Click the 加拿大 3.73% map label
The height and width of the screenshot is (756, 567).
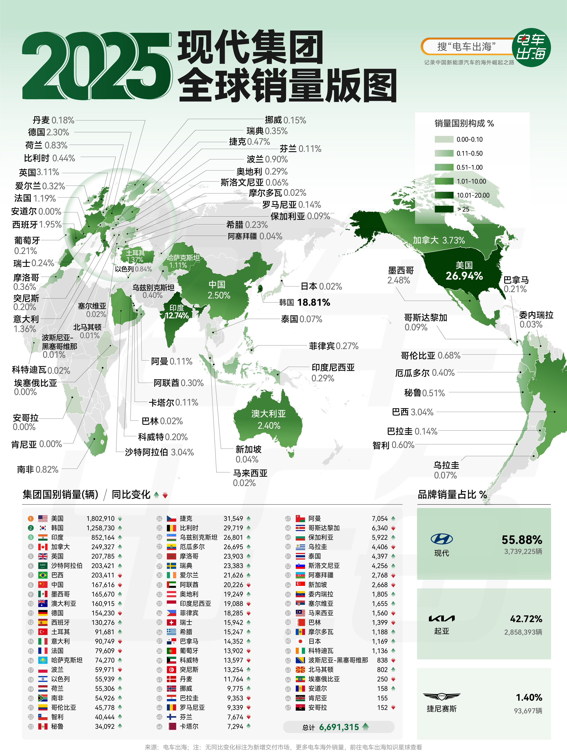click(439, 240)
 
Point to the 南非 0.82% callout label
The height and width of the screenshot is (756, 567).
click(38, 470)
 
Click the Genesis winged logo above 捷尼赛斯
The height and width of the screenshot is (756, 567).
click(441, 696)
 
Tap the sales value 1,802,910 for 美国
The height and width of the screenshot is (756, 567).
click(100, 519)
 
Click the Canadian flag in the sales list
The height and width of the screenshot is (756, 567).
click(43, 547)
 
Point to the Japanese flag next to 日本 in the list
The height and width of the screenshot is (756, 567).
click(300, 641)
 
